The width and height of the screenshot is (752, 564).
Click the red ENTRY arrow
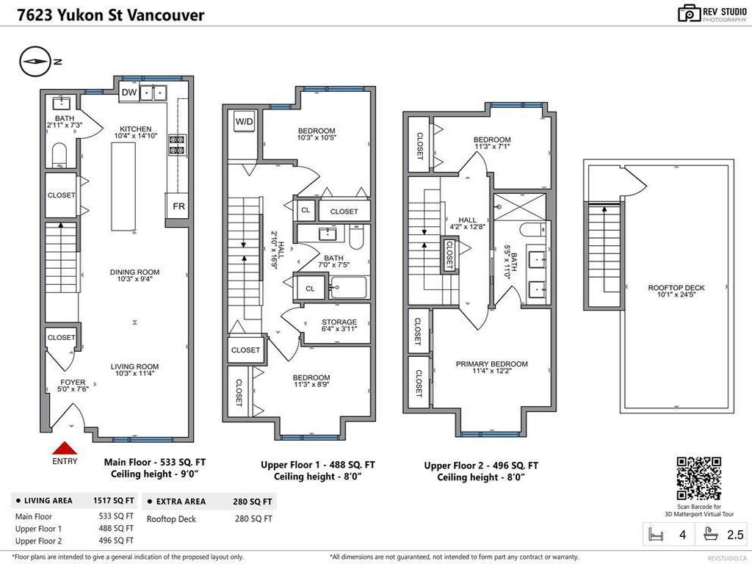pyautogui.click(x=65, y=448)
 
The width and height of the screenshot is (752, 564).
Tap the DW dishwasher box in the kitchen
pyautogui.click(x=129, y=92)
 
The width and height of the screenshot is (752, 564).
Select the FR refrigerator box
pyautogui.click(x=178, y=206)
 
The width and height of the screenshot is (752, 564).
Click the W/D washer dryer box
pyautogui.click(x=245, y=121)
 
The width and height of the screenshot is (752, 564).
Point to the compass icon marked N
pyautogui.click(x=34, y=62)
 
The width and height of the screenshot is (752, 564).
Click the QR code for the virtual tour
pyautogui.click(x=698, y=478)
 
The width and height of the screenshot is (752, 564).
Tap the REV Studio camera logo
pyautogui.click(x=689, y=12)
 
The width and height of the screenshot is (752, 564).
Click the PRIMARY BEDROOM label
pyautogui.click(x=491, y=364)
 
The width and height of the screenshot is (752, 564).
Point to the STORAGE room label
pyautogui.click(x=339, y=322)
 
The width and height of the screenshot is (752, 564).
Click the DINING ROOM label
pyautogui.click(x=134, y=272)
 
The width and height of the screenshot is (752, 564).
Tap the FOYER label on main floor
pyautogui.click(x=73, y=383)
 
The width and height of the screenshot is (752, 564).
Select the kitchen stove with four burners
pyautogui.click(x=176, y=145)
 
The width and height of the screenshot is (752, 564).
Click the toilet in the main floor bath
pyautogui.click(x=60, y=154)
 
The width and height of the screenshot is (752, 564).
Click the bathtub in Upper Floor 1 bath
pyautogui.click(x=348, y=287)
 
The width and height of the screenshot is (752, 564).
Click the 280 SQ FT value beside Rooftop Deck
pyautogui.click(x=253, y=519)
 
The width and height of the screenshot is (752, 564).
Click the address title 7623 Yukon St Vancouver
pyautogui.click(x=103, y=15)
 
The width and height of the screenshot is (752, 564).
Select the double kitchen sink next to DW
pyautogui.click(x=153, y=93)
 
